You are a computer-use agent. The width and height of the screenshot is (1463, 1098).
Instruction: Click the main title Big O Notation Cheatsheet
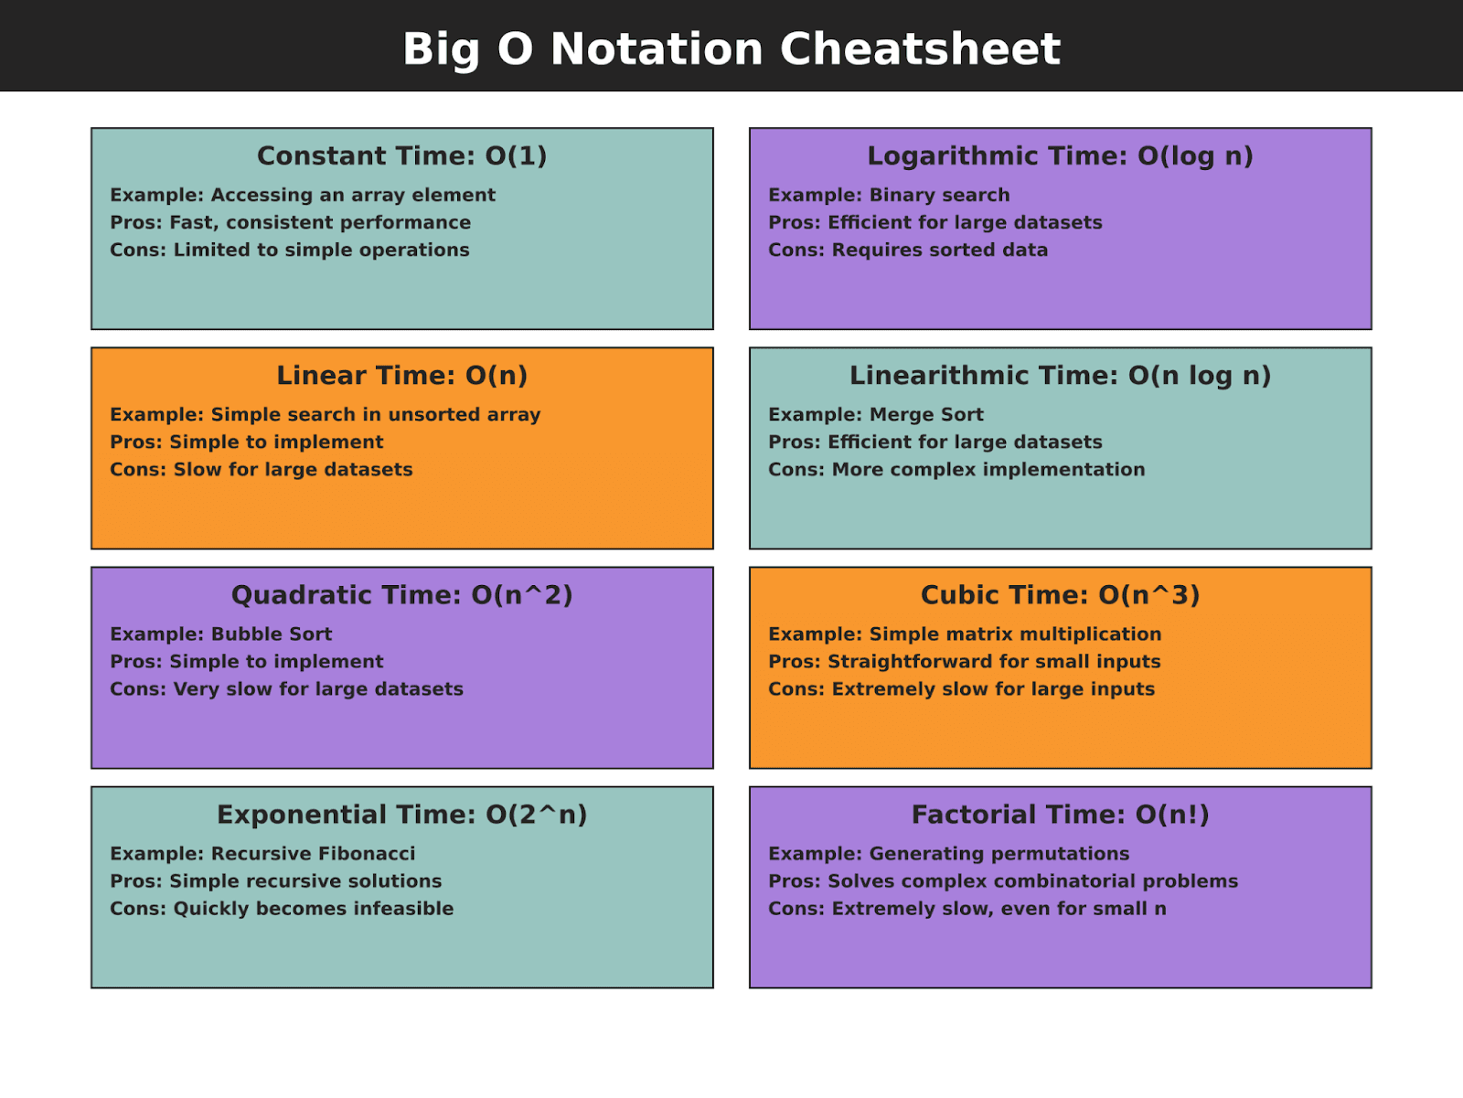coord(731,48)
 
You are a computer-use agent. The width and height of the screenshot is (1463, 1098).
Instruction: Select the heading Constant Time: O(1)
coord(402,156)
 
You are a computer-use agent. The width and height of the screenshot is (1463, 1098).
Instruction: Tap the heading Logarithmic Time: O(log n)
coord(1060,156)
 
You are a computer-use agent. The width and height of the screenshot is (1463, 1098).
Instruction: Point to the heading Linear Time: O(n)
coord(402,376)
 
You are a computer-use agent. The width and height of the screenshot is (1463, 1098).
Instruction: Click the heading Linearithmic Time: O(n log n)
coord(1060,376)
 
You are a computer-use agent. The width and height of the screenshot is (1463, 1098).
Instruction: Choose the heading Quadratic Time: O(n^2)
coord(402,595)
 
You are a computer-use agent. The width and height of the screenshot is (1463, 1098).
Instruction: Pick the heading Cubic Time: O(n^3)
coord(1060,595)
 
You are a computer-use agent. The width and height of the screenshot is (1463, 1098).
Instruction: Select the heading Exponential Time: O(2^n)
coord(402,815)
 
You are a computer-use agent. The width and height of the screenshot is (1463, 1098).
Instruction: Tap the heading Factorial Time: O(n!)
coord(1060,815)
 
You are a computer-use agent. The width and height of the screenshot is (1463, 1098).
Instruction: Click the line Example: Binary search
coord(889,195)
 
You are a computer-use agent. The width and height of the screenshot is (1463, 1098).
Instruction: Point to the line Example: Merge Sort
coord(876,414)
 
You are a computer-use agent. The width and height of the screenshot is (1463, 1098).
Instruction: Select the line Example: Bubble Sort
coord(221,634)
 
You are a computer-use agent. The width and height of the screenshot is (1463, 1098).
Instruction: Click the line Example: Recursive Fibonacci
coord(262,853)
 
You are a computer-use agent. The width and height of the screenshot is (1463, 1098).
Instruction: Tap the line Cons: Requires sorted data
coord(908,250)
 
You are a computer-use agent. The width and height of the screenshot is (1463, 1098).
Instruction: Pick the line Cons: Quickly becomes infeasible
coord(282,908)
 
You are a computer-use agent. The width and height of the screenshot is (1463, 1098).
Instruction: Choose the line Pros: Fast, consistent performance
coord(291,222)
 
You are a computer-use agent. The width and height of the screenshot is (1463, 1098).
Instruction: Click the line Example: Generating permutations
coord(949,853)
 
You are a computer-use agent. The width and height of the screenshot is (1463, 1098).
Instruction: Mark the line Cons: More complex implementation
coord(956,469)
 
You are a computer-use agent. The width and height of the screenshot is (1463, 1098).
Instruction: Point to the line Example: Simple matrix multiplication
coord(965,634)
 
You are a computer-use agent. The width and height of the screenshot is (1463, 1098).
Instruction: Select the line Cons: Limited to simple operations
coord(290,250)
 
